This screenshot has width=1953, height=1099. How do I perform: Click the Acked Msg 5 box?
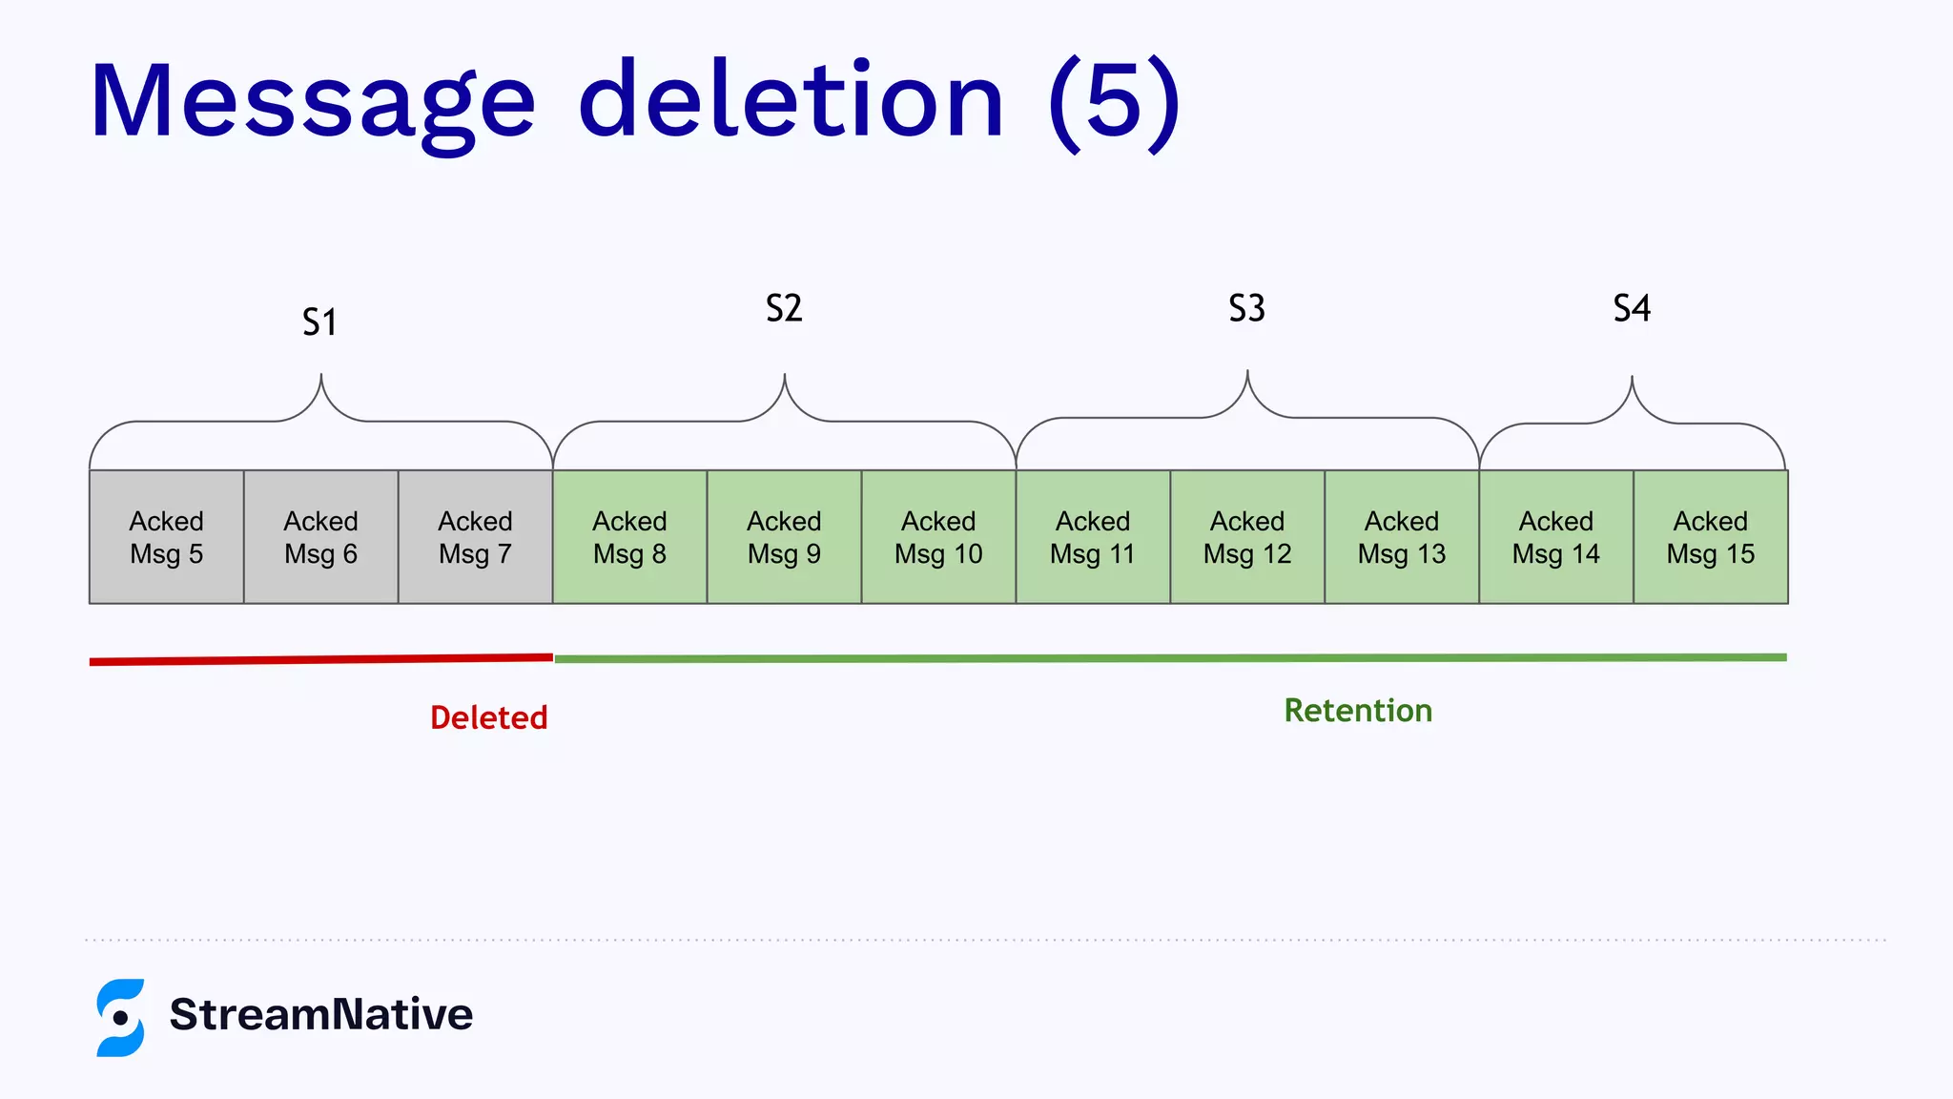tap(167, 537)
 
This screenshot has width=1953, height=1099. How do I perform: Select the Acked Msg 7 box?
tap(475, 537)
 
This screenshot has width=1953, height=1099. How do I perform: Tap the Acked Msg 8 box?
tap(629, 537)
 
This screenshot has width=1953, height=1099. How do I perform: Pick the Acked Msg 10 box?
tap(938, 537)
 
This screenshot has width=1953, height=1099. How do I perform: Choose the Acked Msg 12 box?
tap(1247, 537)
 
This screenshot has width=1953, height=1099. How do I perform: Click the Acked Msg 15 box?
tap(1711, 537)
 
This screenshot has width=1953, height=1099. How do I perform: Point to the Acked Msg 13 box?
tap(1402, 537)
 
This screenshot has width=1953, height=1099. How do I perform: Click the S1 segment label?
tap(319, 322)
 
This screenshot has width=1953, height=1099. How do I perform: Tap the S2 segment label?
tap(784, 308)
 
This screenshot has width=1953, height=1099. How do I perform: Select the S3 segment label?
tap(1246, 308)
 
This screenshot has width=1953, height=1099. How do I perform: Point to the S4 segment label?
tap(1632, 308)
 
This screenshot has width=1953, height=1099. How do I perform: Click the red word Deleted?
tap(488, 717)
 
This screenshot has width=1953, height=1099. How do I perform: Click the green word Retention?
tap(1358, 711)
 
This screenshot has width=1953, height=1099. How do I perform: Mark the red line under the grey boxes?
tap(321, 659)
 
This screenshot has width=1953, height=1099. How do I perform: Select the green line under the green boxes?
tap(1170, 658)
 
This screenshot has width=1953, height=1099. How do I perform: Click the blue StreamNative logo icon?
tap(120, 1017)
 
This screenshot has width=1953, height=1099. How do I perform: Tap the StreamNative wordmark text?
tap(321, 1014)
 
